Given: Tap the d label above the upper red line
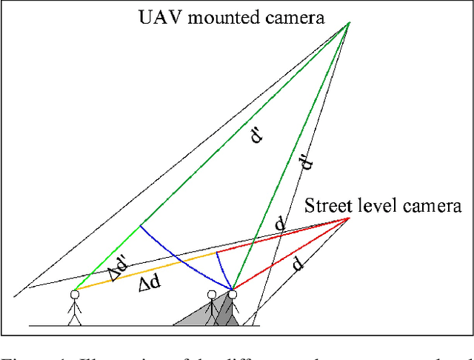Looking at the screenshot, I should click(x=279, y=223).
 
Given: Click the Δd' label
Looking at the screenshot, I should click(x=119, y=269).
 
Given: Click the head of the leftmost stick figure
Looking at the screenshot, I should click(x=74, y=294).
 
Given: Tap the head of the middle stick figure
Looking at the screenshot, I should click(x=212, y=295).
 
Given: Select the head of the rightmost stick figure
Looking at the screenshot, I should click(x=232, y=295).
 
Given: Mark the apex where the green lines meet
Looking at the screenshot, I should click(x=348, y=22).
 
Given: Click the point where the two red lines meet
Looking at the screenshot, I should click(x=349, y=218).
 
